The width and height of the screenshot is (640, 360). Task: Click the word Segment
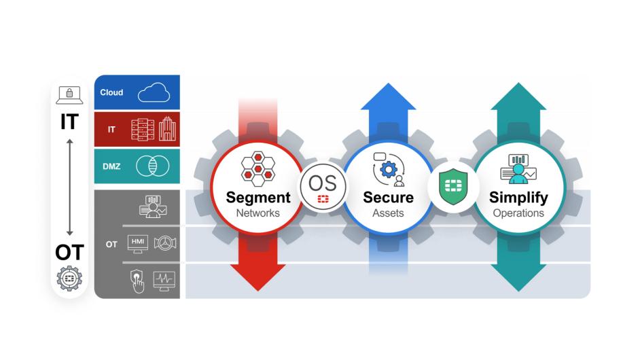[x=258, y=198]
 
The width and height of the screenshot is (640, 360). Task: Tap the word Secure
[x=388, y=198]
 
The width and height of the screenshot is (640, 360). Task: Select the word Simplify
[x=518, y=198]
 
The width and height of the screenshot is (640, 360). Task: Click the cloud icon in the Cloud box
[x=154, y=93]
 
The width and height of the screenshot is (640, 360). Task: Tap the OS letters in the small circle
[x=323, y=181]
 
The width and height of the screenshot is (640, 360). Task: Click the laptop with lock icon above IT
[x=69, y=95]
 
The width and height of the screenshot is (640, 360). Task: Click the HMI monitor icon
[x=138, y=244]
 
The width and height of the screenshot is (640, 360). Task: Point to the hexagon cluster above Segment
[x=257, y=168]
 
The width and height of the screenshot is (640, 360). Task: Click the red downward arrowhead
[x=257, y=278]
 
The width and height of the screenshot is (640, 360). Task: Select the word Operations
[x=518, y=213]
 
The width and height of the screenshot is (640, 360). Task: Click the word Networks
[x=258, y=213]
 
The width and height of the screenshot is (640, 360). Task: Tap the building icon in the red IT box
[x=167, y=129]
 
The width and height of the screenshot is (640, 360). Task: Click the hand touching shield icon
[x=137, y=281]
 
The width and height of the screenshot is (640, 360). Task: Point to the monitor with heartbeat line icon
[x=164, y=279]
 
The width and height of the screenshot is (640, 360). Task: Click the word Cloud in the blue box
[x=111, y=92]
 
